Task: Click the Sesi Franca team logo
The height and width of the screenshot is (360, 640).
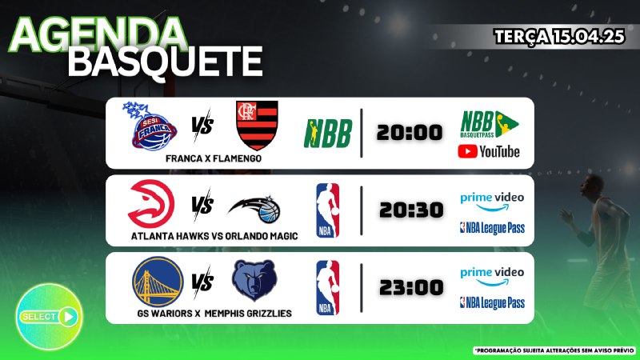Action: pyautogui.click(x=150, y=126)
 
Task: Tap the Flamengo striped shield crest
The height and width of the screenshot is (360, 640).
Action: pyautogui.click(x=257, y=126)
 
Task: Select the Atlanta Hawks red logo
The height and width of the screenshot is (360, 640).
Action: pyautogui.click(x=151, y=204)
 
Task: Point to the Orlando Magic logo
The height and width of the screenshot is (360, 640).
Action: pyautogui.click(x=254, y=210)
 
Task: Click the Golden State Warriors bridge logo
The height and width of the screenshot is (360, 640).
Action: pyautogui.click(x=158, y=282)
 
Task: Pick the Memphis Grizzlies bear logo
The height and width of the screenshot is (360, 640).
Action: pyautogui.click(x=254, y=281)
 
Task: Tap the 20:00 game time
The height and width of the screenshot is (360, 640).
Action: pyautogui.click(x=410, y=133)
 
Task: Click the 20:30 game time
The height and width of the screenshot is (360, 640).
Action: pyautogui.click(x=411, y=210)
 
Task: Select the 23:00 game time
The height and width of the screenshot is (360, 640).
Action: pyautogui.click(x=411, y=287)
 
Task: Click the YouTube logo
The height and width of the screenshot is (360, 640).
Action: pyautogui.click(x=489, y=151)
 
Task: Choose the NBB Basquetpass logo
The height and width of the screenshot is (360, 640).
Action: pyautogui.click(x=490, y=124)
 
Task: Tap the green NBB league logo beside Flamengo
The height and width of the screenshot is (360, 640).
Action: pyautogui.click(x=328, y=134)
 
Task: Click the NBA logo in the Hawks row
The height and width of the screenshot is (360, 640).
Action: pyautogui.click(x=328, y=210)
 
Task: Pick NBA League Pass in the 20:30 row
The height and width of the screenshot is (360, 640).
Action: pyautogui.click(x=492, y=228)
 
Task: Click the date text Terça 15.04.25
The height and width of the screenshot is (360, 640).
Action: pyautogui.click(x=559, y=37)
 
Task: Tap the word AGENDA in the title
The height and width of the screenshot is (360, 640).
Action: pyautogui.click(x=98, y=35)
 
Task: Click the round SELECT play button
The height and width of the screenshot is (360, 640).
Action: pyautogui.click(x=49, y=317)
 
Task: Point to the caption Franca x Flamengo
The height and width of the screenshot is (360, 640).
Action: pyautogui.click(x=214, y=158)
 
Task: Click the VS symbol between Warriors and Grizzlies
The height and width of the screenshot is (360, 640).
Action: pyautogui.click(x=202, y=282)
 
